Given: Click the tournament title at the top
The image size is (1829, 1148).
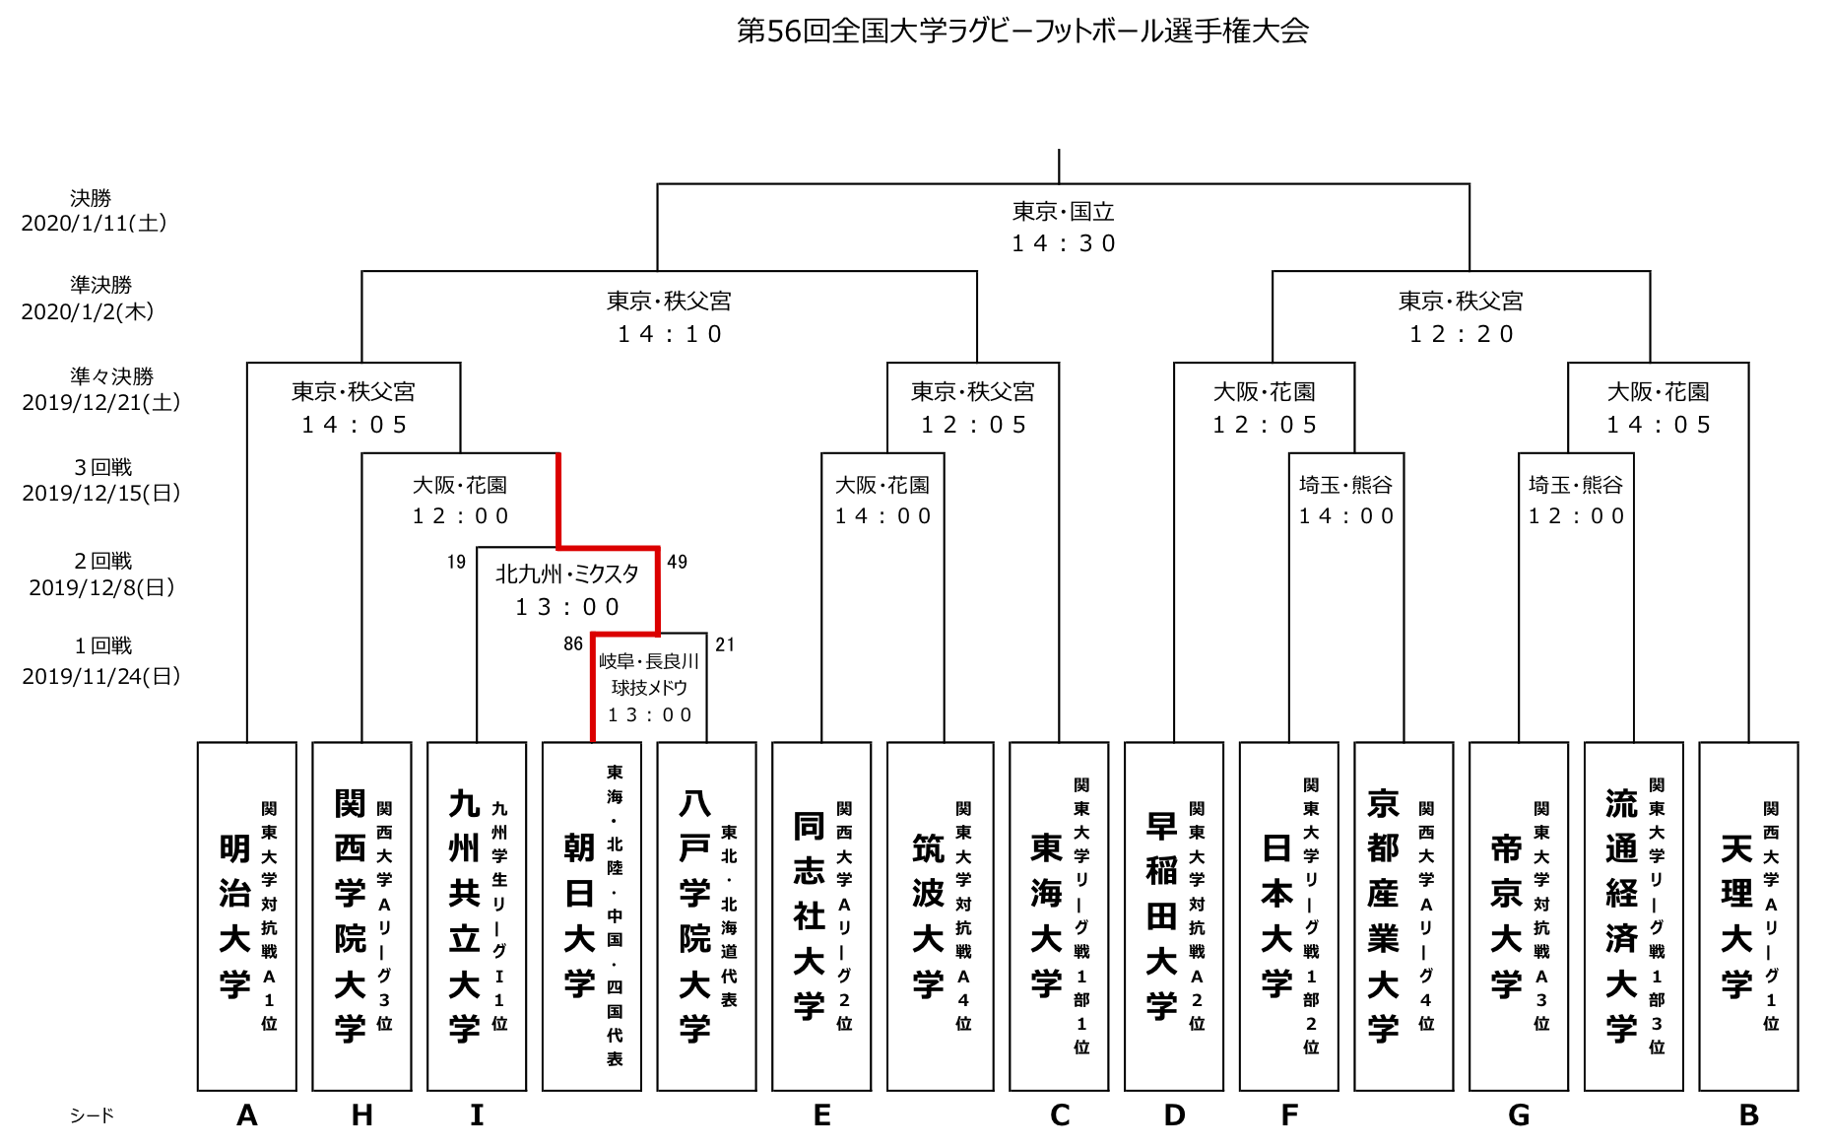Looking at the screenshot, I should [x=1022, y=32].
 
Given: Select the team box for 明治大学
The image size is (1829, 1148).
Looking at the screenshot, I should [x=246, y=915].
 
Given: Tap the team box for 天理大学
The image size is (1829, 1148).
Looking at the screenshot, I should [x=1748, y=915].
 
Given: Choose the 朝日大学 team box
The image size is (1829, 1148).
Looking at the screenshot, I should [x=591, y=915].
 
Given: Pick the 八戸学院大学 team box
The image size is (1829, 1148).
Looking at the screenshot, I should [x=706, y=915].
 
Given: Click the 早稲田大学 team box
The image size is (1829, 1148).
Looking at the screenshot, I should [x=1173, y=915].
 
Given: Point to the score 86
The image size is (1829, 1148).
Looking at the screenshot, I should [x=573, y=644].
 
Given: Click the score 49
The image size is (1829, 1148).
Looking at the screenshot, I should [x=677, y=562].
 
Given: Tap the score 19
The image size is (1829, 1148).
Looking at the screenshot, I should [x=456, y=562].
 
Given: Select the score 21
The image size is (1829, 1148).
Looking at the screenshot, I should [x=725, y=644].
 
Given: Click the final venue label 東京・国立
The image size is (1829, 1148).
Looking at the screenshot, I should [x=1063, y=212].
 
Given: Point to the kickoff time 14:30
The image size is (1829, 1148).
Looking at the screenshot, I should [x=1063, y=243].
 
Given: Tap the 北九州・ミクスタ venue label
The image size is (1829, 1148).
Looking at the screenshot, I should [x=566, y=574].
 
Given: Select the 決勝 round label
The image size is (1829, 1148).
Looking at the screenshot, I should [x=91, y=198].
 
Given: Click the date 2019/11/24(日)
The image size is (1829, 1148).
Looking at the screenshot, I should [x=100, y=676].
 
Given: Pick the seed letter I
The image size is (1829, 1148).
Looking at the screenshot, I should [x=477, y=1115].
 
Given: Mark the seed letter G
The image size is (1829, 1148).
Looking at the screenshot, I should [x=1518, y=1115].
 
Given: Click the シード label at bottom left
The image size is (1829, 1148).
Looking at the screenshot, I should [x=92, y=1115].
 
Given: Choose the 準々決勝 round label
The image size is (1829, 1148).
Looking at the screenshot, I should [x=111, y=376].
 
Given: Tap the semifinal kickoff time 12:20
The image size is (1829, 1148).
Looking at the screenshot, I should [x=1461, y=334].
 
